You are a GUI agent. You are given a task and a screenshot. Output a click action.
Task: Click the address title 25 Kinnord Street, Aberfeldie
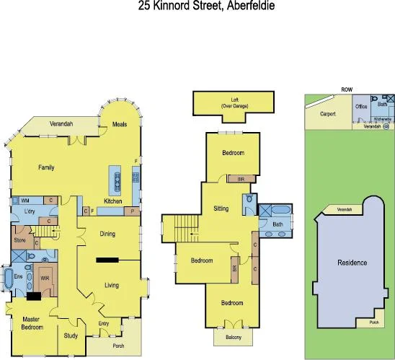[197, 6]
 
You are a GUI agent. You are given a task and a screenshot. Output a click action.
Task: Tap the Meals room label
[120, 125]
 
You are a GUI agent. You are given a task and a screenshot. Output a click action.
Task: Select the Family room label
[46, 167]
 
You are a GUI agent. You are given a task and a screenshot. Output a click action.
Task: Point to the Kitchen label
[113, 201]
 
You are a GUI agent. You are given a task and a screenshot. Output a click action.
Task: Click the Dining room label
[107, 233]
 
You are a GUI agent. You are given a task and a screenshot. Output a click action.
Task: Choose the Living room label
[112, 285]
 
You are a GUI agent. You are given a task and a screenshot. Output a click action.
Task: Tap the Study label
[71, 335]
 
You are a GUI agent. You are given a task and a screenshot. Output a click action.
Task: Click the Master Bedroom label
[30, 322]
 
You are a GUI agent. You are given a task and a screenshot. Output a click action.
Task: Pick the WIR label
[44, 277]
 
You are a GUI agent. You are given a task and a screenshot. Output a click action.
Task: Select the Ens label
[17, 276]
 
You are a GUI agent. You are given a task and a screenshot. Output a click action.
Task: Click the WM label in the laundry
[25, 200]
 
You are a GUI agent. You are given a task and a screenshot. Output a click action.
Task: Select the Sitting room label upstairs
[221, 208]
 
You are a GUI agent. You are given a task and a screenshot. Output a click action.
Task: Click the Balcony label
[232, 337]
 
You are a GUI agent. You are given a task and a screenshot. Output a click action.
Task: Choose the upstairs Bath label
[278, 224]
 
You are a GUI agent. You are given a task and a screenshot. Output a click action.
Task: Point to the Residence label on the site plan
[352, 263]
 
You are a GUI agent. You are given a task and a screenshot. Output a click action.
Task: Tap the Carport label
[328, 114]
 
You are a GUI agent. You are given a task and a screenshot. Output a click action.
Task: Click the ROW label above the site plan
[347, 89]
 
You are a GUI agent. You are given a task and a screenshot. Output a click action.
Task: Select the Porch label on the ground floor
[119, 346]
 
